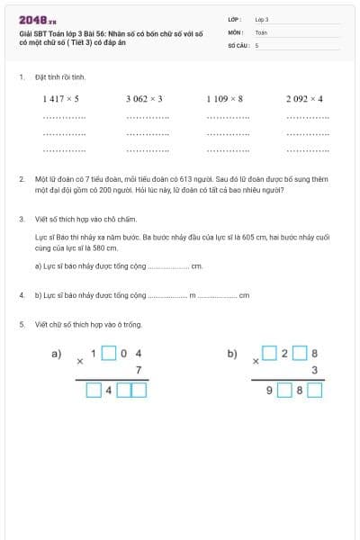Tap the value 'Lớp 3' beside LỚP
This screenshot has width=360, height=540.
tap(262, 18)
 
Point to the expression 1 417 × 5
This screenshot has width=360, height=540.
tap(60, 98)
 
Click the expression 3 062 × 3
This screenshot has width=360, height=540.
tap(144, 98)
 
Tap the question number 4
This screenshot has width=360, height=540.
tap(21, 295)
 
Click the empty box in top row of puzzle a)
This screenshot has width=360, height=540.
tap(108, 354)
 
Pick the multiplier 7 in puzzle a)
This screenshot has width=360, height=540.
tap(138, 370)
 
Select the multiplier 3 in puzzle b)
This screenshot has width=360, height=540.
tap(314, 370)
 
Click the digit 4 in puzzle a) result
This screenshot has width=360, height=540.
tap(109, 391)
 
